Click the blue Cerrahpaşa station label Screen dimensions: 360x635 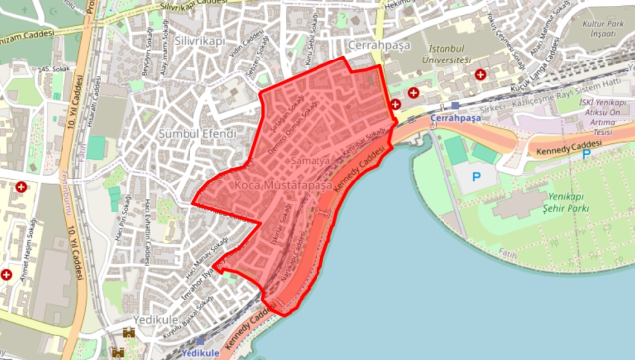coord(457,116)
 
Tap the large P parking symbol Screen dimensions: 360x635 coord(473,177)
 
